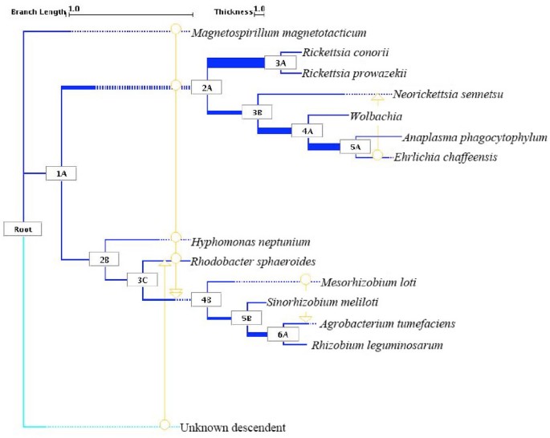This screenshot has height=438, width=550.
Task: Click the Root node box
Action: click(x=22, y=229)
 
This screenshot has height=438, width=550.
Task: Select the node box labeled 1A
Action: click(x=61, y=173)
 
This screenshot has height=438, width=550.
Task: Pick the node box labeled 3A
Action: click(x=280, y=63)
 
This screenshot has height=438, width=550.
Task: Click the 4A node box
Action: click(x=308, y=131)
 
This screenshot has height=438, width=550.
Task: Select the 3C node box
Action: click(x=143, y=279)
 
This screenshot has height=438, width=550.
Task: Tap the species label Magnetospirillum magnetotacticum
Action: click(x=279, y=33)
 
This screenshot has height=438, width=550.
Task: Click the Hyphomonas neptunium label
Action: click(x=251, y=241)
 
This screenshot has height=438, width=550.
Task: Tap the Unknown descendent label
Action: click(x=233, y=428)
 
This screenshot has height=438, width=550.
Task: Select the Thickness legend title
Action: click(x=232, y=10)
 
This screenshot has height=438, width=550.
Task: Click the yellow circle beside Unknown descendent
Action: click(x=165, y=424)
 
